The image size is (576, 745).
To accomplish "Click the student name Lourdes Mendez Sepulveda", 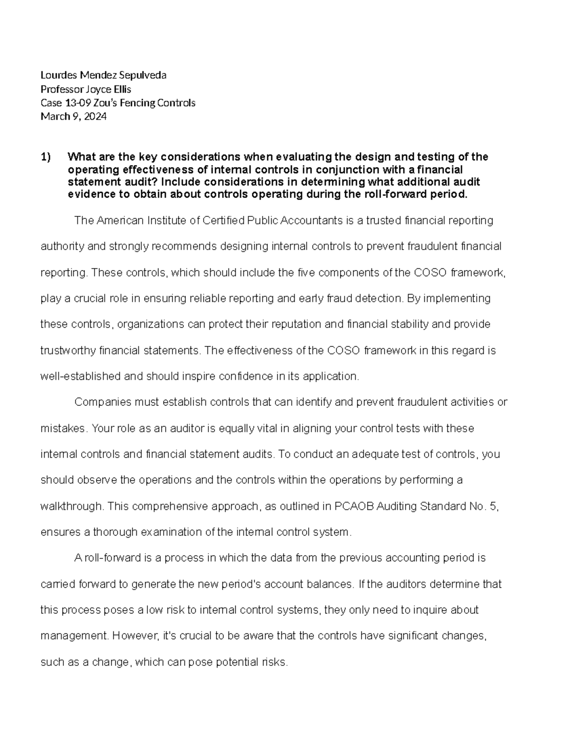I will click(103, 75).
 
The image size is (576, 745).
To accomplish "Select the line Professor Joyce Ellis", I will click(86, 89).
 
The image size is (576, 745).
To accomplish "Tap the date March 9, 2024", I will click(73, 116).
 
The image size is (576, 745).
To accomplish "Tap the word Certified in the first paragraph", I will click(223, 221).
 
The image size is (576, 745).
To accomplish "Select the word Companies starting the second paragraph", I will click(98, 402).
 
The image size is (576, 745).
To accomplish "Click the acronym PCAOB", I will click(351, 506).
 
